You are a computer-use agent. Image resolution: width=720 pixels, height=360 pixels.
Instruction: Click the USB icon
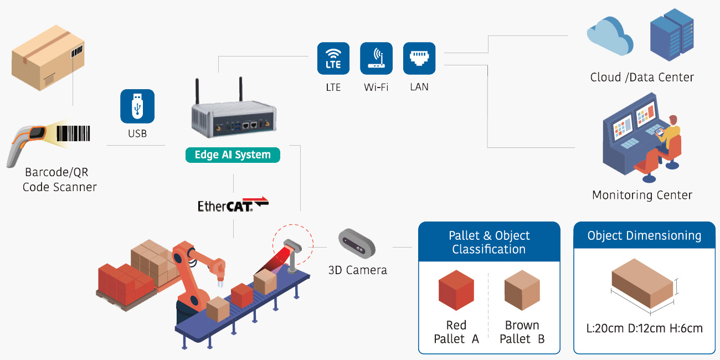click(137, 106)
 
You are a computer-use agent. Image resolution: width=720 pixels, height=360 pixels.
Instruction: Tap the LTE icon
click(333, 59)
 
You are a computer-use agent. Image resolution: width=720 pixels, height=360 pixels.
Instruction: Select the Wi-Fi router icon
click(376, 59)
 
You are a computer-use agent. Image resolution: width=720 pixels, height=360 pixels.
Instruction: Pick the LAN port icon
click(419, 59)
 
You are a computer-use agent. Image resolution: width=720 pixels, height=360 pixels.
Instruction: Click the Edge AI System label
click(233, 155)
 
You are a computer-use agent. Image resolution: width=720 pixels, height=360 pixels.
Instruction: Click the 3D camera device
click(357, 243)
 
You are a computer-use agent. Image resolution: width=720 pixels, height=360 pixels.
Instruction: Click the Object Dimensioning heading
click(644, 235)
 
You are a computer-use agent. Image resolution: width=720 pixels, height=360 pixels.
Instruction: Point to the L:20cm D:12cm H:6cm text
click(644, 328)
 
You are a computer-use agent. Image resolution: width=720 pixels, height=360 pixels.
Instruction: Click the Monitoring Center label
click(642, 195)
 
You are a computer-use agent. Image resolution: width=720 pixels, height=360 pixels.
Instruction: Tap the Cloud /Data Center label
click(642, 77)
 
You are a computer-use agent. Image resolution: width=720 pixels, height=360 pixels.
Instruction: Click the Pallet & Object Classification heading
click(489, 242)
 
